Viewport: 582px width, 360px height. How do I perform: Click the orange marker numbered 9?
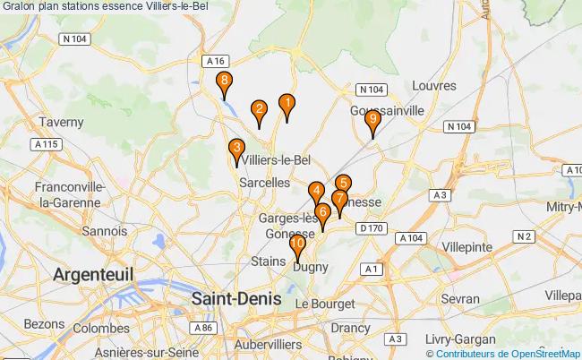[373, 122]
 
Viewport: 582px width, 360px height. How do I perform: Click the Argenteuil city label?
[93, 273]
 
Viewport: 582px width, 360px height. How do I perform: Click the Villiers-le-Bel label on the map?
[277, 160]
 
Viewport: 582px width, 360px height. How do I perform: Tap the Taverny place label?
[62, 121]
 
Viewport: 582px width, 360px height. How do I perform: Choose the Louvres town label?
[435, 86]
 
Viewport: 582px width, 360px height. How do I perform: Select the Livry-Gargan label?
[439, 340]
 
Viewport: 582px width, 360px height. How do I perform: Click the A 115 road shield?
[46, 144]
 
